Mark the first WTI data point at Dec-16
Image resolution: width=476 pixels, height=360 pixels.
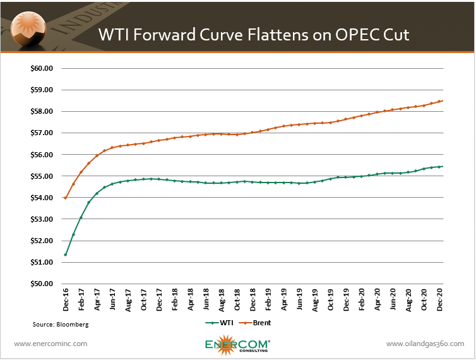tap(66, 255)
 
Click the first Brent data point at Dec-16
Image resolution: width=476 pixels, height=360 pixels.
tap(66, 198)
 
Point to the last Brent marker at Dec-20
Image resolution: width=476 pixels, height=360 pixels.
tap(440, 101)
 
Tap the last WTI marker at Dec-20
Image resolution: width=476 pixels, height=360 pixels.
tap(440, 167)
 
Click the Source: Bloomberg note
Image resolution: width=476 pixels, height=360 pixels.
tap(61, 324)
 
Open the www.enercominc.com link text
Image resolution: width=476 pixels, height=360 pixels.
tap(51, 344)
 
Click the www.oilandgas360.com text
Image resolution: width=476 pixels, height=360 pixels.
tap(425, 344)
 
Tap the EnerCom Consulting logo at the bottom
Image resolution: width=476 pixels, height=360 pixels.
tap(237, 344)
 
